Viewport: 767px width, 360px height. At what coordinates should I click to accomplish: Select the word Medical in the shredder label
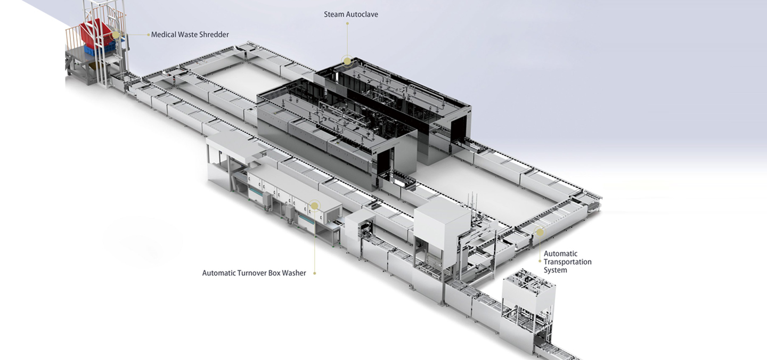coord(165,35)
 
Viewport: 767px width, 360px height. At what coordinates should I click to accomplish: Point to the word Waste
coord(190,35)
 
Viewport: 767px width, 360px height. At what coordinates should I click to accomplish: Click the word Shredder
coord(215,35)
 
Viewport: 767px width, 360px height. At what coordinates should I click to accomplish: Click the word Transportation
coord(567,262)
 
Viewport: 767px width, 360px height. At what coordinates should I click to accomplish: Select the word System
coord(555,270)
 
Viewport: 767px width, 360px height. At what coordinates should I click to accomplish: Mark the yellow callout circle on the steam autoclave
coord(347,61)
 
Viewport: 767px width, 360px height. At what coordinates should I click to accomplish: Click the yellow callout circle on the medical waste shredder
coord(116,35)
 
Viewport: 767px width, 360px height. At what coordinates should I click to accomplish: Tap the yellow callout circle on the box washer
coord(314,205)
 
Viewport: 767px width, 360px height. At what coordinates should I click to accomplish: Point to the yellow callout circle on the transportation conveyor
coord(540,232)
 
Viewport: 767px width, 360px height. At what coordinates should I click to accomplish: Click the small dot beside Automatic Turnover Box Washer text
coord(314,273)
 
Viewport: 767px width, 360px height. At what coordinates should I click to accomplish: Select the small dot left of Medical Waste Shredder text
coord(148,35)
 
